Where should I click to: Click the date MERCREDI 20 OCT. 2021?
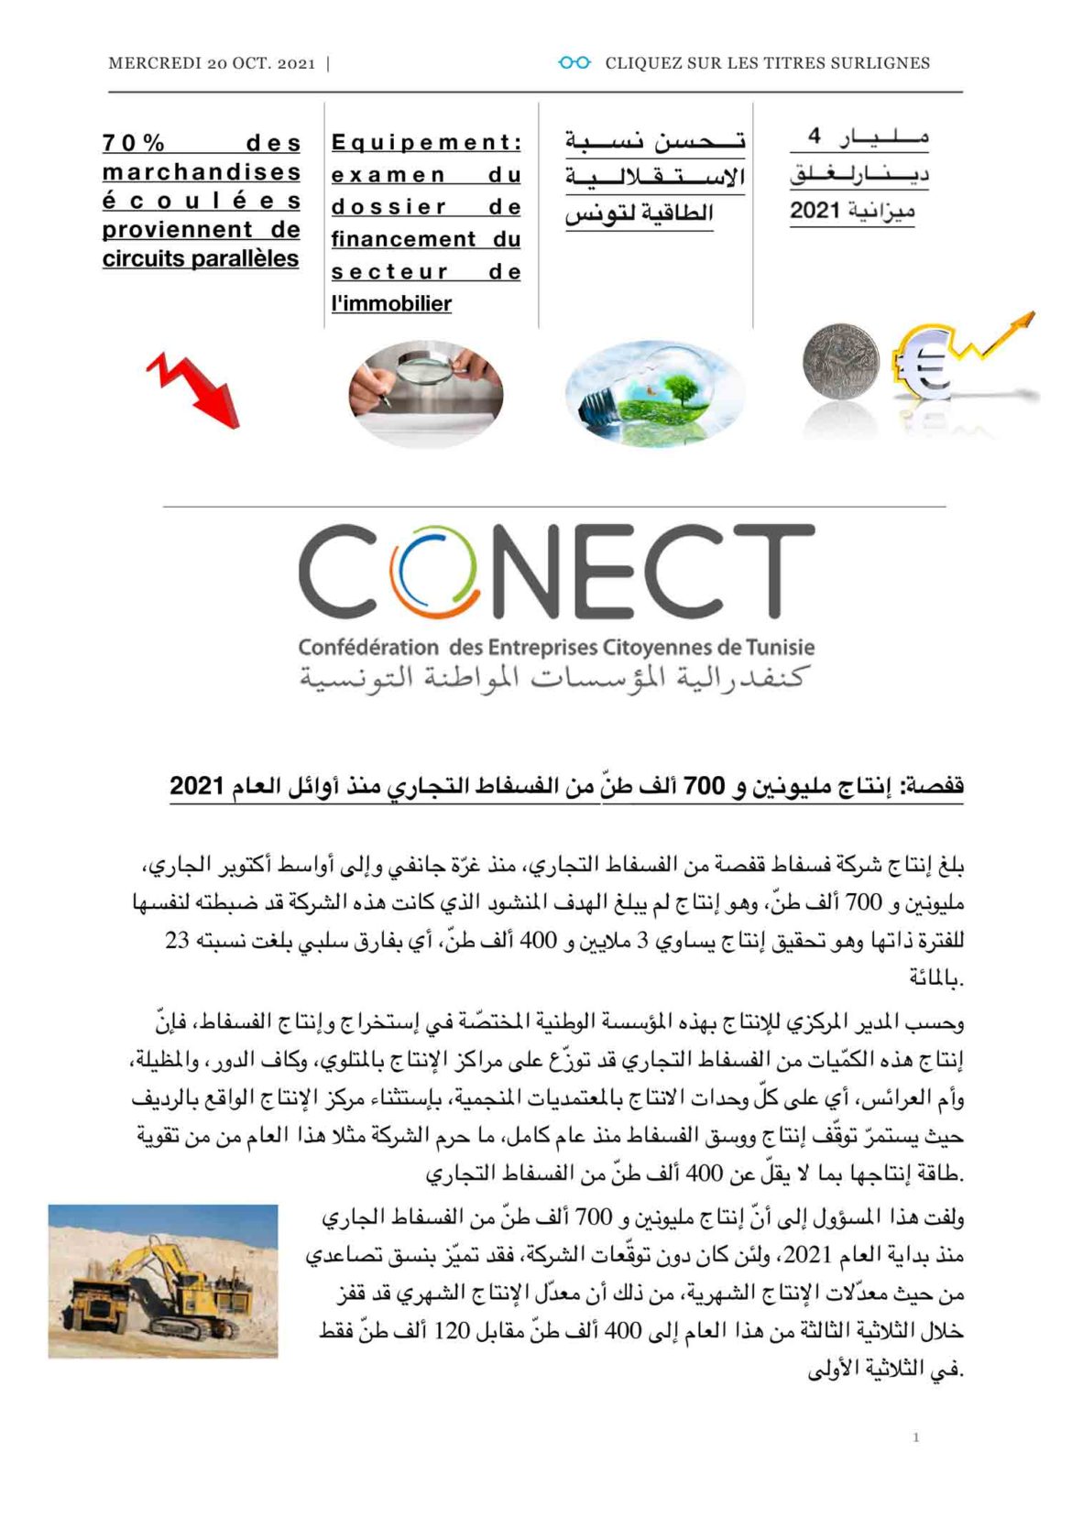[x=212, y=63]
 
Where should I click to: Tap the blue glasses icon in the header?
[x=574, y=62]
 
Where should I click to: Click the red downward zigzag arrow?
[x=195, y=388]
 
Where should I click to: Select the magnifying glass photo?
[x=425, y=390]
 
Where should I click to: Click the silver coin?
[x=839, y=360]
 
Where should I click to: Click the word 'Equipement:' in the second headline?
[x=426, y=143]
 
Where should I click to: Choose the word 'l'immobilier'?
[x=391, y=303]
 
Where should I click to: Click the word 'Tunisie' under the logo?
[x=780, y=647]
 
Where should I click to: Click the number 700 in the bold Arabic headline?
[x=705, y=786]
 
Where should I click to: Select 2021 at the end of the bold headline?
[x=197, y=786]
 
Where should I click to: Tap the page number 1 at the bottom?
[x=915, y=1437]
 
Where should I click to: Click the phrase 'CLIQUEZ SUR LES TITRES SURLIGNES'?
[x=767, y=63]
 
